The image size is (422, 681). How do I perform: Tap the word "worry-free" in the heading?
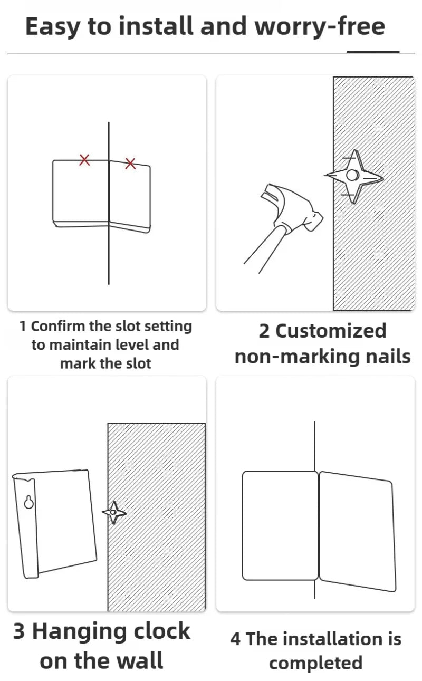coord(320,27)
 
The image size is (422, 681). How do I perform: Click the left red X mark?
coord(84,160)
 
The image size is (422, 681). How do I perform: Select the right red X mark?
coord(130,164)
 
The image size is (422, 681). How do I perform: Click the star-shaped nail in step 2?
coord(353,176)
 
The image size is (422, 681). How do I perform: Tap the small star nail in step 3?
coord(114,513)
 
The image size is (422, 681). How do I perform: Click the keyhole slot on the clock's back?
coord(29,502)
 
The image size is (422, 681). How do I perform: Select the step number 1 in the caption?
coord(23,327)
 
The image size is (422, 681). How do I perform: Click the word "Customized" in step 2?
coord(331,331)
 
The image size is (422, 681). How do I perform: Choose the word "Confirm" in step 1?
coord(58,326)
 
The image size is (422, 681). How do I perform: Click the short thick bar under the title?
coord(373,52)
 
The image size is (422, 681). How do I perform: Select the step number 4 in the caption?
coord(235,639)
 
